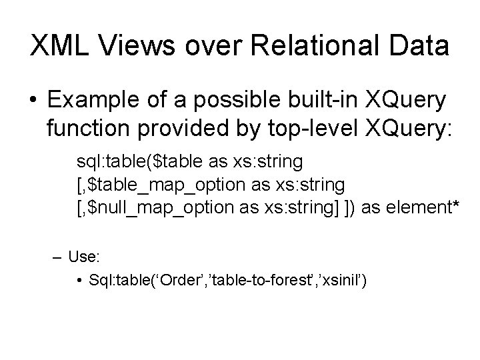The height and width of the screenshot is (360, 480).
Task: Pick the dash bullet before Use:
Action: (57, 255)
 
